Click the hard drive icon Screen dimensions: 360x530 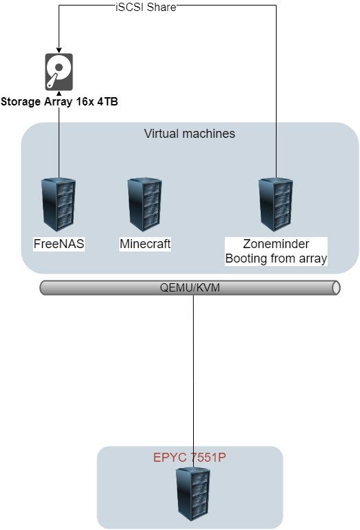[x=59, y=72]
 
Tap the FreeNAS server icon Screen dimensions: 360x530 [x=59, y=205]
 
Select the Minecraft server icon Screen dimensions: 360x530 [x=145, y=205]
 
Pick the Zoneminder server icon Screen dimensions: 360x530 [x=276, y=205]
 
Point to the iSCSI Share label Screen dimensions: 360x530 [x=146, y=7]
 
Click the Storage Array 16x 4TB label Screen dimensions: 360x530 [x=59, y=101]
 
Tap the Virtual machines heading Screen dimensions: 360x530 [x=190, y=134]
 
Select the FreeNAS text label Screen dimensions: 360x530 [x=59, y=244]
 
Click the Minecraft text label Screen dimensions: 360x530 [x=145, y=244]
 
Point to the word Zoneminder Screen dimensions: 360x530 [x=276, y=244]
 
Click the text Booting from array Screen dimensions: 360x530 [x=276, y=258]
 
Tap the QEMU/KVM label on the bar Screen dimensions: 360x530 [x=190, y=287]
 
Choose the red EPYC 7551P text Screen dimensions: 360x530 [x=190, y=458]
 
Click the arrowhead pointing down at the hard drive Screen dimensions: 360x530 [x=59, y=50]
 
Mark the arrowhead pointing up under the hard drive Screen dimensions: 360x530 [x=59, y=93]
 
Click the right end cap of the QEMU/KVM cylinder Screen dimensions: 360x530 [x=336, y=287]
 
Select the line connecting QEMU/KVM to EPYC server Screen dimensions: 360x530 [x=193, y=381]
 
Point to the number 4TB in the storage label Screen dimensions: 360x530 [x=108, y=101]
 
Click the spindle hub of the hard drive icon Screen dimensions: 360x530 [x=59, y=68]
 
